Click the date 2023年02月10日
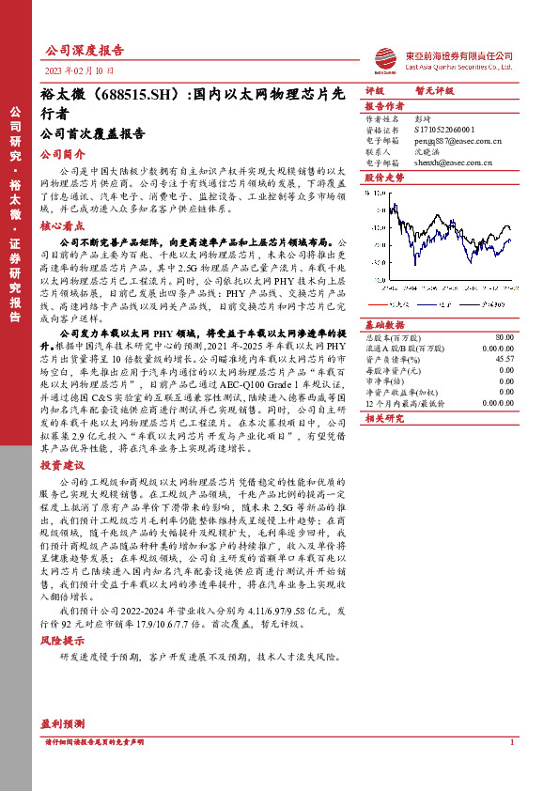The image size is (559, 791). pos(79,70)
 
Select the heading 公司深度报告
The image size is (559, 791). pos(85,51)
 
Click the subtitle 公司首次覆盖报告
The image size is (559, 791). pos(93,133)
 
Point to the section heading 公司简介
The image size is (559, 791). pos(62,154)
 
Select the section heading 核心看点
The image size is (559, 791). pos(62,226)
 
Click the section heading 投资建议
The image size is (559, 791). pos(62,465)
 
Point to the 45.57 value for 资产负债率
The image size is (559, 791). pos(505,359)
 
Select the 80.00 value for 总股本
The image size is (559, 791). pos(505,336)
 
